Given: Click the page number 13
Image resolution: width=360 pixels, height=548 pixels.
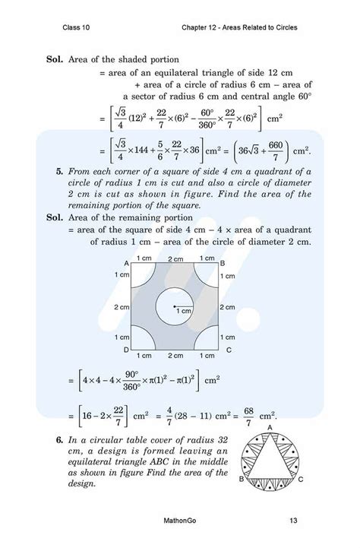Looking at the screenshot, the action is tap(293, 521).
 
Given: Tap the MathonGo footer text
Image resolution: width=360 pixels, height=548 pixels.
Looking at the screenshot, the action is tap(181, 521).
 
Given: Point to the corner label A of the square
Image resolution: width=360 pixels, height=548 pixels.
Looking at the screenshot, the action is tap(126, 263).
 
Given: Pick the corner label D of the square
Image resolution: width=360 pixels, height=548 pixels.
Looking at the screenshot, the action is tap(126, 350).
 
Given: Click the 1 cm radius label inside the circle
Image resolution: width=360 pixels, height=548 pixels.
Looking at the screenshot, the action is tap(182, 312).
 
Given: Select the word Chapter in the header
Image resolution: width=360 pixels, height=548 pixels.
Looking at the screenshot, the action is tap(197, 28).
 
